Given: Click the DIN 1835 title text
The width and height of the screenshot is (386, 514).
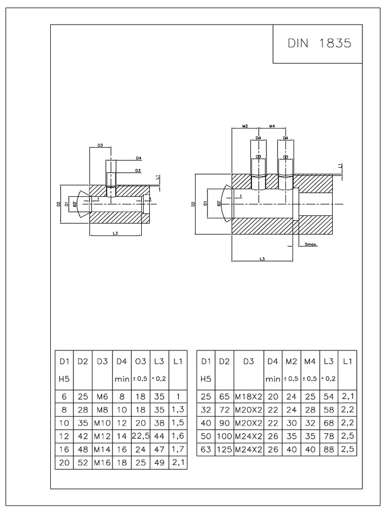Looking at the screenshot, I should coord(319,43).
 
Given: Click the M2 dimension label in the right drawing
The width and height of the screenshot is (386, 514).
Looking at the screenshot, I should coord(246,126).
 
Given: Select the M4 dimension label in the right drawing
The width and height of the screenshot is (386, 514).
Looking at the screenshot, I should coord(272,126).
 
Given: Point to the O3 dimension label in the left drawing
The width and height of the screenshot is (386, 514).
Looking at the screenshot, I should coord(100,146).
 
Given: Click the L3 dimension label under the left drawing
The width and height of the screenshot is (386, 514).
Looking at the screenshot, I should coord(116,233).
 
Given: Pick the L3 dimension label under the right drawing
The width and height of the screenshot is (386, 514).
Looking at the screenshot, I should coord(262,259).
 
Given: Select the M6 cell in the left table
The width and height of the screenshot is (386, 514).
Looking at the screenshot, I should coord(102,396).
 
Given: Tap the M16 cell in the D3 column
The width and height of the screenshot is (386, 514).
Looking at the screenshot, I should coord(102,463).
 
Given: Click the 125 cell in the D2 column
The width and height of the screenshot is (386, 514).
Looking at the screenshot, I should coord(224,450).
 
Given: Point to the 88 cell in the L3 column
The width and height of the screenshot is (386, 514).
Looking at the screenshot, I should coord(329,450).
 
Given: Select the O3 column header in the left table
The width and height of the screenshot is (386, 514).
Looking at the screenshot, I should coord(140,361).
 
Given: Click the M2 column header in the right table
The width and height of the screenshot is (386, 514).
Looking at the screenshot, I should coord(291,361).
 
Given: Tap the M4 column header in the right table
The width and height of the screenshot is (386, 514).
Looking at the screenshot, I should coord(310,361).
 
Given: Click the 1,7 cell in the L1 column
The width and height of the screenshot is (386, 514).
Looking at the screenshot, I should coord(178,450).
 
